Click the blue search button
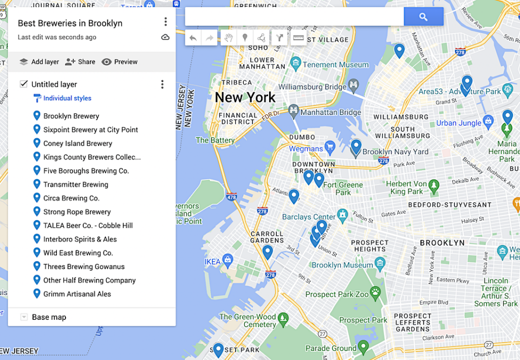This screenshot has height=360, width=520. (423, 17)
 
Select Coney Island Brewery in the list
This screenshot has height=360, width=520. (77, 144)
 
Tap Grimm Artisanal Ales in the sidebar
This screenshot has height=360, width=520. (77, 294)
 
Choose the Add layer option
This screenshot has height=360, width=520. (39, 62)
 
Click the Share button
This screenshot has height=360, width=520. (80, 62)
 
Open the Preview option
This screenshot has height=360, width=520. (120, 62)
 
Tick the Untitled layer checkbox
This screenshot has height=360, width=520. (24, 84)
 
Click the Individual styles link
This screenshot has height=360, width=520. (67, 98)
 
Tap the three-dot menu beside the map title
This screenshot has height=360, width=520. (165, 22)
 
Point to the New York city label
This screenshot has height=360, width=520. (245, 98)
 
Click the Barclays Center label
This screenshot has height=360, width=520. (309, 217)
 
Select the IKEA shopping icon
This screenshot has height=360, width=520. (227, 259)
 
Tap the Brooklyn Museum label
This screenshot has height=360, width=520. (342, 265)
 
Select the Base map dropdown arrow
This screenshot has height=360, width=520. (24, 317)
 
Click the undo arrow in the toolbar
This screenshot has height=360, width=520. (193, 38)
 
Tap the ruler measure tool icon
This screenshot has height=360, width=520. (298, 38)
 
